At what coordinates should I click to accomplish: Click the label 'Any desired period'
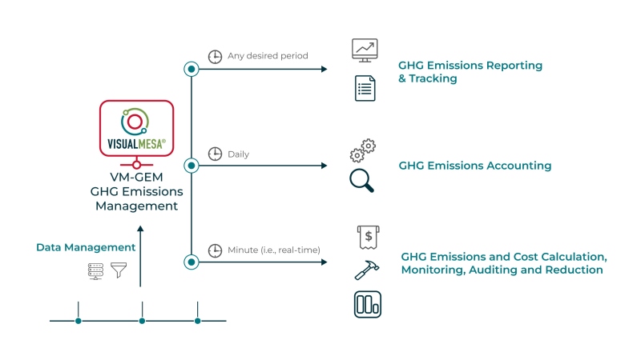point(268,56)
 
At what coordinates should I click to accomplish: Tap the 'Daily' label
point(239,154)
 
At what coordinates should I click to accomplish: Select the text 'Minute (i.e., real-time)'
point(274,250)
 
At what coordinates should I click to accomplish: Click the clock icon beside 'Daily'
point(215,154)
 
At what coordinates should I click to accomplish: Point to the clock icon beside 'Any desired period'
point(215,57)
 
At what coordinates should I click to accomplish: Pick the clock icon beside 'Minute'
point(215,250)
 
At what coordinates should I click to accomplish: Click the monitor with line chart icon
point(365,50)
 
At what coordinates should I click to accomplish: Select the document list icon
point(365,87)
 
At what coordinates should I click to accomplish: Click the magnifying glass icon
point(362,180)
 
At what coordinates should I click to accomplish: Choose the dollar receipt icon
point(367,238)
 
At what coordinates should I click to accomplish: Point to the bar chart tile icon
point(367,304)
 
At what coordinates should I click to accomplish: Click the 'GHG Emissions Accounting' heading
point(474,166)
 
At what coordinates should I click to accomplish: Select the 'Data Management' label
point(86,247)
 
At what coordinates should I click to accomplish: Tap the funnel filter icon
point(119,270)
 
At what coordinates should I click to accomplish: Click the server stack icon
point(95,270)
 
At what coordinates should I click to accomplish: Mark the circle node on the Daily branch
point(191,166)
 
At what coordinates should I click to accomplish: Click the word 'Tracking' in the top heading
point(433,78)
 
